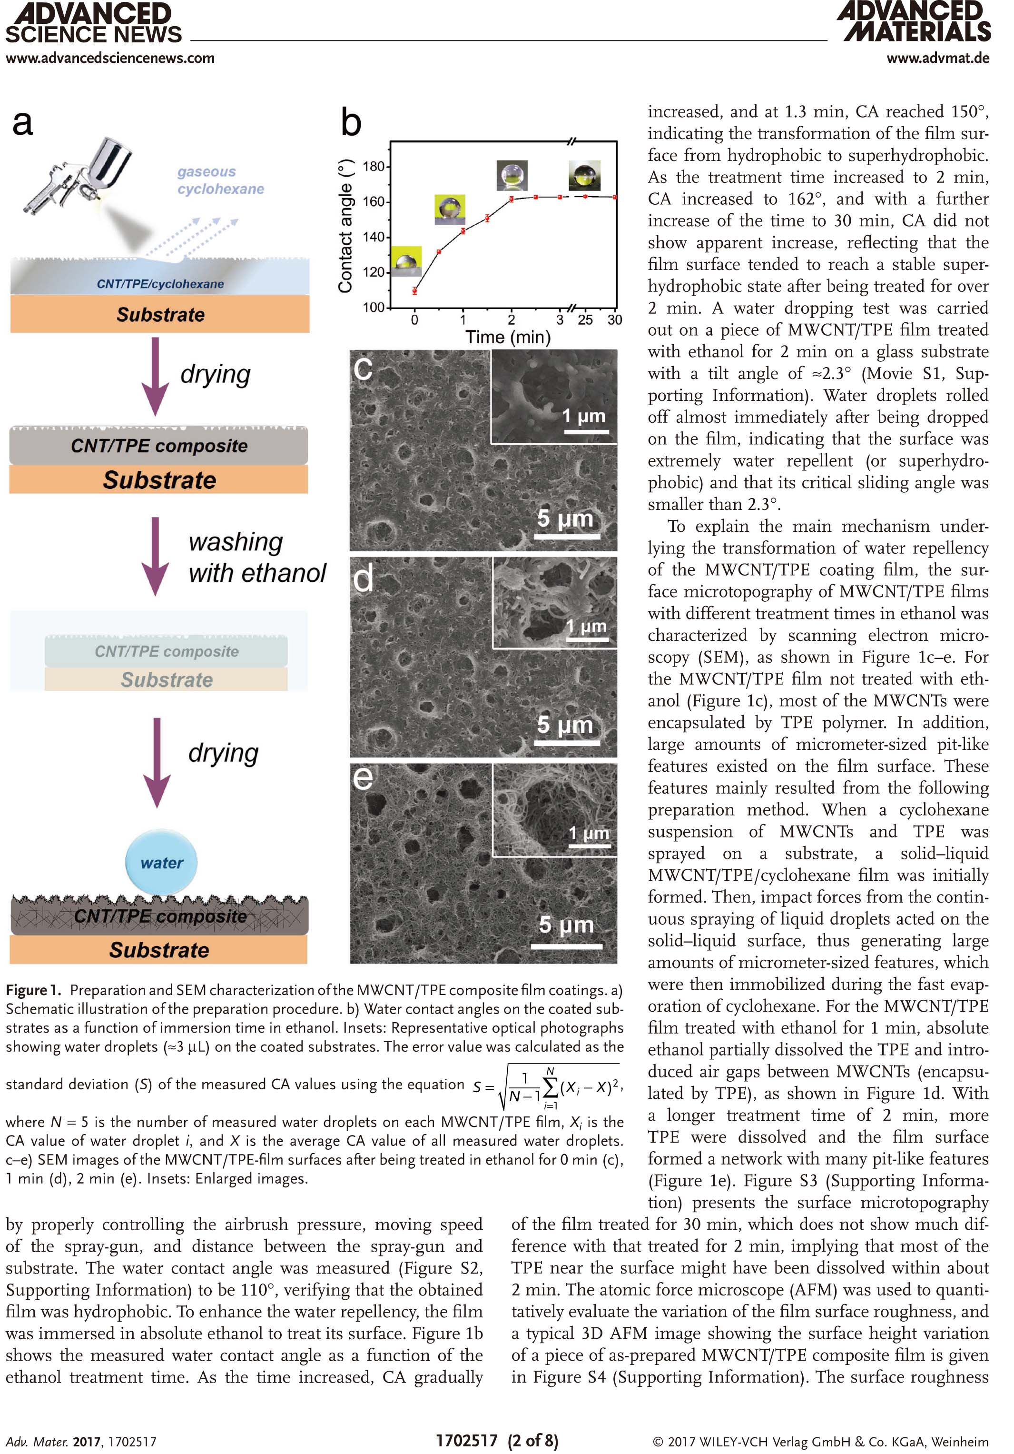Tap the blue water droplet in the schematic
click(161, 863)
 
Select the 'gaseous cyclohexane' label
click(220, 180)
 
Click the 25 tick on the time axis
click(585, 320)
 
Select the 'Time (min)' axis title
click(508, 337)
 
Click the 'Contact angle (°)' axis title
click(345, 226)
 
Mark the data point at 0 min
click(414, 291)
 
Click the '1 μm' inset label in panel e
click(589, 833)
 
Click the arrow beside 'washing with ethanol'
click(155, 557)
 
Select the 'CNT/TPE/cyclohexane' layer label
click(160, 284)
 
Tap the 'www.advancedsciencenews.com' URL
click(110, 58)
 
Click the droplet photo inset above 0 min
click(406, 261)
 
